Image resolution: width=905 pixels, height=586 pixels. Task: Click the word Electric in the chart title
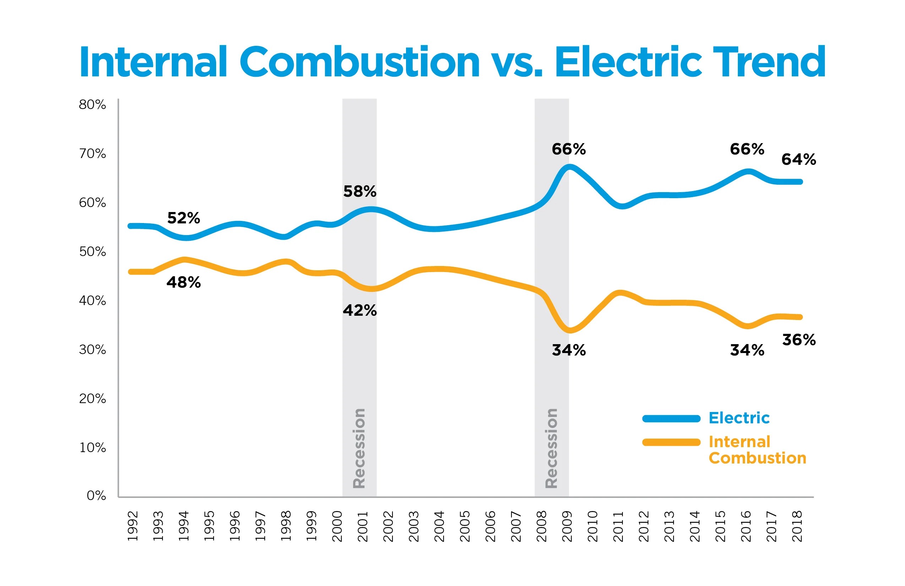[x=628, y=62]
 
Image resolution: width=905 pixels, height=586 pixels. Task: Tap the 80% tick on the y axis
[x=92, y=105]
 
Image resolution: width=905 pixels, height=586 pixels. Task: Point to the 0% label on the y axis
[x=96, y=496]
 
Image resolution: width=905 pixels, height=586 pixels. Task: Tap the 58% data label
[x=360, y=191]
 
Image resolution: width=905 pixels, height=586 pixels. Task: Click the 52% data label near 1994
[x=184, y=218]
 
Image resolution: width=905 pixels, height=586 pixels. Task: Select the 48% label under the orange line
[x=184, y=282]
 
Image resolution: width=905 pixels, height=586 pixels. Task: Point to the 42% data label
[x=360, y=310]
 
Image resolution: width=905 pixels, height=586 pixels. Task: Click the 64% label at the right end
[x=799, y=159]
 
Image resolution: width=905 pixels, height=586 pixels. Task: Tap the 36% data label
[x=799, y=340]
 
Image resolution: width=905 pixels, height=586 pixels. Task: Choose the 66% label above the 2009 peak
[x=569, y=149]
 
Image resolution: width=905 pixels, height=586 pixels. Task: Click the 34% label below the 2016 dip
[x=747, y=350]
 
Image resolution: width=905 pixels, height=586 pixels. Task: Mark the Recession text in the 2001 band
[x=359, y=448]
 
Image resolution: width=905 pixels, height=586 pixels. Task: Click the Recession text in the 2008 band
[x=552, y=448]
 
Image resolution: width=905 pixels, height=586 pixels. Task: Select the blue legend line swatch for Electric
[x=671, y=419]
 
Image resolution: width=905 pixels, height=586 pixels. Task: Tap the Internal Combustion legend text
[x=757, y=450]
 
